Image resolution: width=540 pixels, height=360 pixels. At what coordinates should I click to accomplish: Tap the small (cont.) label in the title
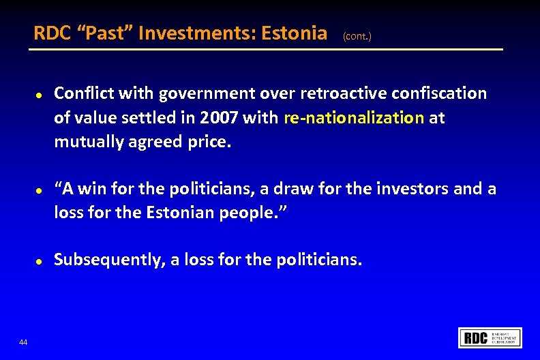(357, 35)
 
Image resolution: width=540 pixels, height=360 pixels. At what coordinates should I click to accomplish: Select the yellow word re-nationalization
(354, 118)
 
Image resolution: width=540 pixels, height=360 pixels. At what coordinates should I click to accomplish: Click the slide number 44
(24, 342)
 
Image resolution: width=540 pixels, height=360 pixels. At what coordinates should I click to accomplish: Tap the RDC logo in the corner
(490, 337)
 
